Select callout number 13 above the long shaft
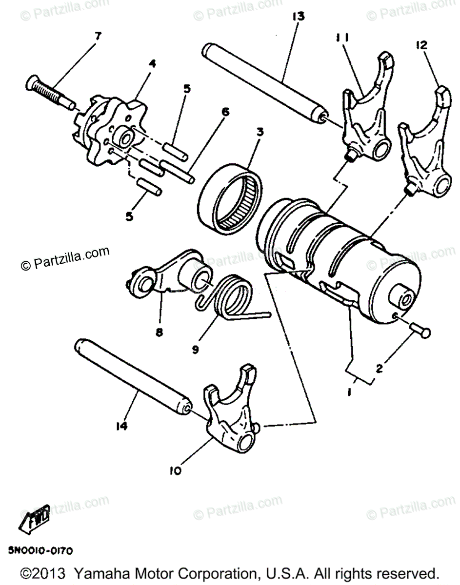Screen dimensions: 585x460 coord(299,17)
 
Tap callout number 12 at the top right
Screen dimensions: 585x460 coord(421,45)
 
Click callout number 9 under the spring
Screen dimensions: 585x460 coord(196,350)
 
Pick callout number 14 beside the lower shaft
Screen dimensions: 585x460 coord(121,426)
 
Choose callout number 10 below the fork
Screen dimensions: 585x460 coord(176,470)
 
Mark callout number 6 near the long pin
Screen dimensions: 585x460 coord(224,112)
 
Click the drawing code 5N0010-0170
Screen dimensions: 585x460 coord(40,551)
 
